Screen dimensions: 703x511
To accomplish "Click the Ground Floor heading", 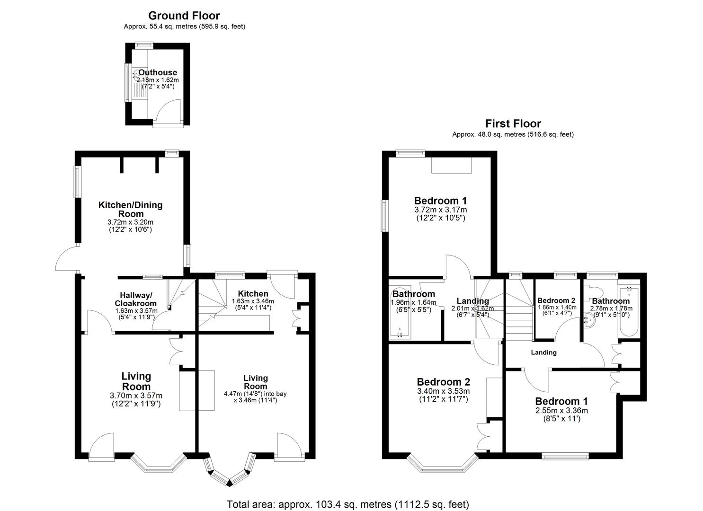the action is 184,16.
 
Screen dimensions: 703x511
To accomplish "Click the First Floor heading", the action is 513,123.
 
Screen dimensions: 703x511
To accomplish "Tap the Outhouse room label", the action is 158,72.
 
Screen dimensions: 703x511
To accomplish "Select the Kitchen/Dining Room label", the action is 131,210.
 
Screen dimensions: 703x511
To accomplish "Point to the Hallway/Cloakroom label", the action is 136,299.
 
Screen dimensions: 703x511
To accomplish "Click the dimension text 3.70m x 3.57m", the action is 136,396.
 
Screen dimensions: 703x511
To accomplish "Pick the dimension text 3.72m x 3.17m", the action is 441,210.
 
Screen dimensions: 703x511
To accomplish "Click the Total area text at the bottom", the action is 348,504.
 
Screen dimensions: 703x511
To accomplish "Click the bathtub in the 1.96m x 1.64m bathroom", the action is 400,312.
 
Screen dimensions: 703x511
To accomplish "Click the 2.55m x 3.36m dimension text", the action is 561,411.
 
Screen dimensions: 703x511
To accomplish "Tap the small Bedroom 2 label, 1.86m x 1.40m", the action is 556,300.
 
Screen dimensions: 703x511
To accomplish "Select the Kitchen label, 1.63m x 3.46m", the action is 253,294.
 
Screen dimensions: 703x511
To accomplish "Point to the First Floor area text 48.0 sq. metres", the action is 498,134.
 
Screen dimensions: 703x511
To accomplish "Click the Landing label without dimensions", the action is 543,352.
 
